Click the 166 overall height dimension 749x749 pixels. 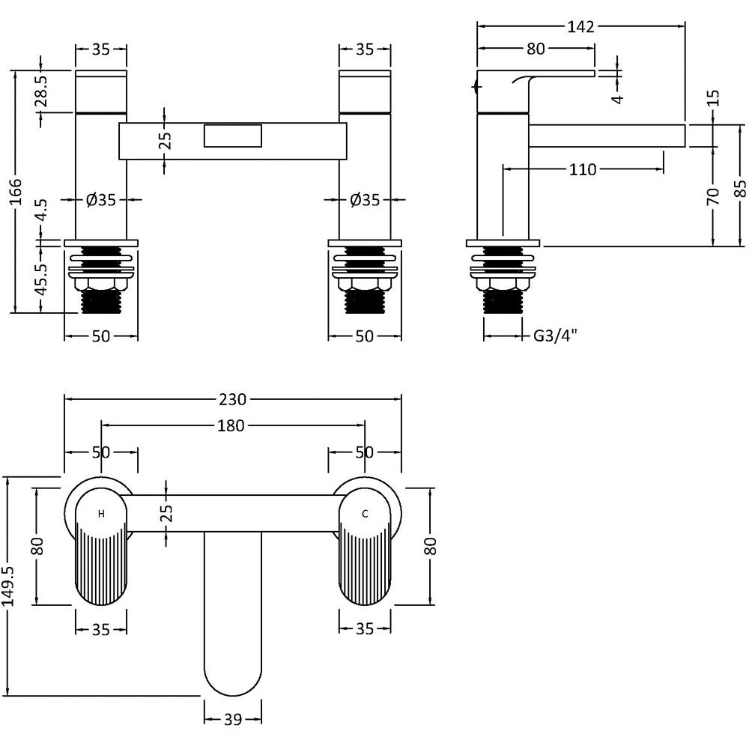pyautogui.click(x=16, y=192)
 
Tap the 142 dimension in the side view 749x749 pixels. pyautogui.click(x=580, y=27)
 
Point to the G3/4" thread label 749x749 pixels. pyautogui.click(x=555, y=336)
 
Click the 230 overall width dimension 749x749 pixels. pyautogui.click(x=232, y=398)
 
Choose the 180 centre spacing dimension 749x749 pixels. pyautogui.click(x=231, y=425)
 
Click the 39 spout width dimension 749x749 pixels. pyautogui.click(x=232, y=720)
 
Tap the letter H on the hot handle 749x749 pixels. pyautogui.click(x=101, y=514)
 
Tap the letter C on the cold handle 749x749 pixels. pyautogui.click(x=365, y=514)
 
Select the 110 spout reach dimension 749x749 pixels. pyautogui.click(x=583, y=170)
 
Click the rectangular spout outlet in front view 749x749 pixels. pyautogui.click(x=234, y=138)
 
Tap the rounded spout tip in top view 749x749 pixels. pyautogui.click(x=233, y=674)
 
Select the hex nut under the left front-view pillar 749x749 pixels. pyautogui.click(x=101, y=285)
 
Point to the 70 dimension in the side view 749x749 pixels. pyautogui.click(x=713, y=196)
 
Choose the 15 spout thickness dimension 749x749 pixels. pyautogui.click(x=713, y=97)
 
